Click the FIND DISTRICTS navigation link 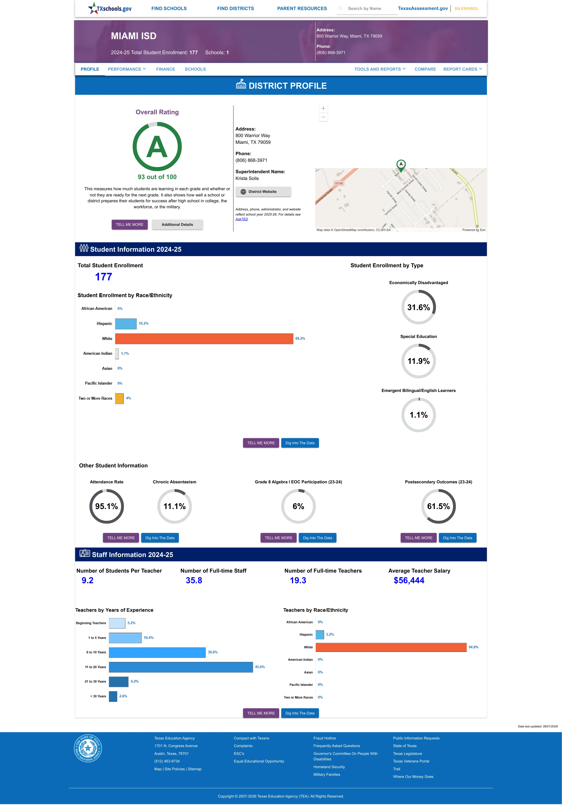(x=235, y=9)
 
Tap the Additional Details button (x=177, y=225)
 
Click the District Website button (x=263, y=192)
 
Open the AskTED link (x=242, y=219)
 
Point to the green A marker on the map (x=401, y=165)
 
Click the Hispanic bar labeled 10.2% (x=126, y=324)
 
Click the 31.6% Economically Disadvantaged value (x=418, y=307)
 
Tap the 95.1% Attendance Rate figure (x=106, y=507)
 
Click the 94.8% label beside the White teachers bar (x=473, y=647)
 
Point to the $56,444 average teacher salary (x=409, y=581)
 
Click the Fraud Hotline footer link (x=324, y=738)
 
